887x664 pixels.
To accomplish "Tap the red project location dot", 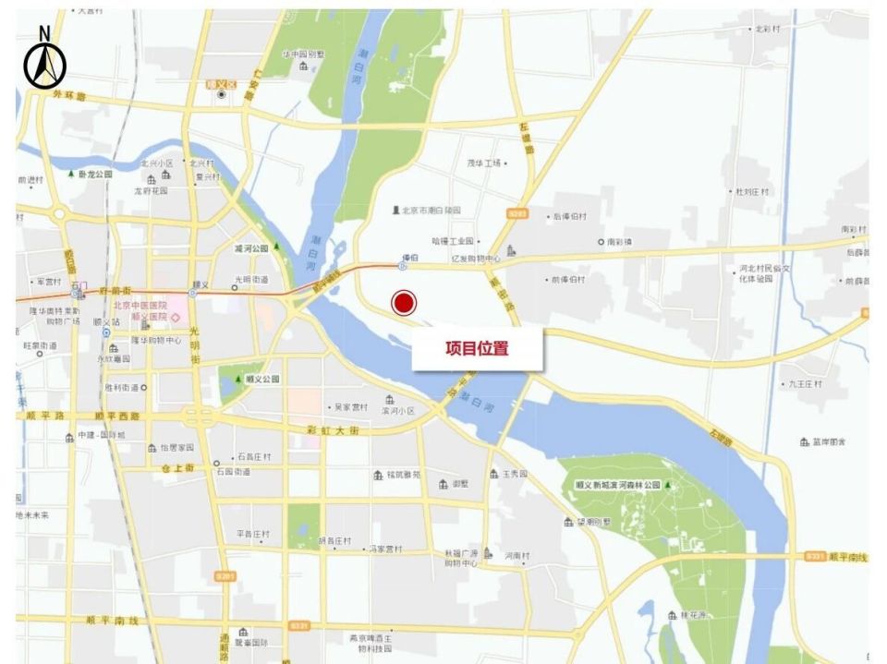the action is pos(404,303).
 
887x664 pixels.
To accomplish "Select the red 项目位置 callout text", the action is pos(477,349).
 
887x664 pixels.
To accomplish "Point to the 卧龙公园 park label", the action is pos(95,174).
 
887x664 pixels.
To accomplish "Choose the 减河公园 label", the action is pos(251,248).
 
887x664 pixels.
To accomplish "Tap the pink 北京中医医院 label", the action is pos(140,305).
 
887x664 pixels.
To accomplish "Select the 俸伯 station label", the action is pos(409,257).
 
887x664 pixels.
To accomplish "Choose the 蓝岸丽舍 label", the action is pos(829,441).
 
